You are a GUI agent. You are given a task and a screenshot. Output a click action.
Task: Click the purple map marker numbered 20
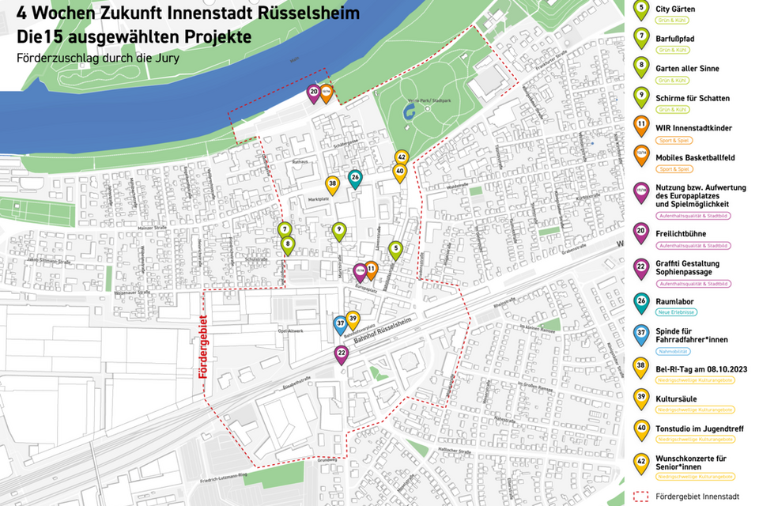[x=314, y=93]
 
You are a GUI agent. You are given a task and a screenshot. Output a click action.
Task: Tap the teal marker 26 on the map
[x=355, y=178]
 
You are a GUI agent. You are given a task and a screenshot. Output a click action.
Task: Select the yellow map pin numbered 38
[x=333, y=183]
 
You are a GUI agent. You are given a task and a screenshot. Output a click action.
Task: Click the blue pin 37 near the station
[x=340, y=323]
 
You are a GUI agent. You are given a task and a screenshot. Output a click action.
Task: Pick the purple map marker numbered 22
[x=342, y=353]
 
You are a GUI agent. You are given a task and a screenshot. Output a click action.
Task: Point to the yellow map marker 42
[x=402, y=157]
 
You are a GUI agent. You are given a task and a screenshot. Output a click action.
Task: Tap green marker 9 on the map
[x=339, y=230]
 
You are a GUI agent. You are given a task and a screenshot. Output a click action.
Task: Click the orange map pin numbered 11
[x=371, y=270]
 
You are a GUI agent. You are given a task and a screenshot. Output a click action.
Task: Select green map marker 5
[x=395, y=248]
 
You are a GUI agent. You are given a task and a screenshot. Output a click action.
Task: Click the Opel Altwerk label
[x=291, y=331]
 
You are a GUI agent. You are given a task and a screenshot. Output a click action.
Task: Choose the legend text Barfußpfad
[x=675, y=39]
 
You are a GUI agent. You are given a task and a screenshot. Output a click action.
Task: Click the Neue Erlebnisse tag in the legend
[x=676, y=312]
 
